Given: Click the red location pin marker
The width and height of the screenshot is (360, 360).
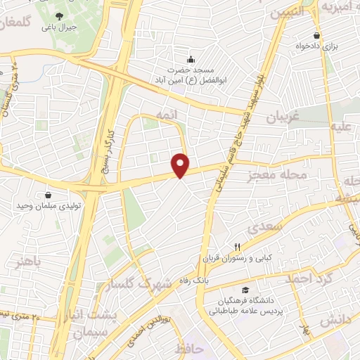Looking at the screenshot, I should tap(181, 165).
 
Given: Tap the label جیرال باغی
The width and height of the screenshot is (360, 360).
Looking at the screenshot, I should tap(58, 27).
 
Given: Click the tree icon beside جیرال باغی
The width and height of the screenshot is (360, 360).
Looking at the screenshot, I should tap(58, 15).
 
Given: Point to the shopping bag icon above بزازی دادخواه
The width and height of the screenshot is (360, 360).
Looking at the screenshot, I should tap(318, 35).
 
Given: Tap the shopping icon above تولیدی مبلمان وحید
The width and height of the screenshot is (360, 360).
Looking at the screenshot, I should tap(48, 195).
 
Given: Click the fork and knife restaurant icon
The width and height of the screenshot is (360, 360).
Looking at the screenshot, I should tap(237, 246).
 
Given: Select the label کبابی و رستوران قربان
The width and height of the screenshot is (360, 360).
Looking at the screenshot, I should tap(238, 258).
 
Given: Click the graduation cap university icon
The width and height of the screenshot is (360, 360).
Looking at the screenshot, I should tap(245, 290).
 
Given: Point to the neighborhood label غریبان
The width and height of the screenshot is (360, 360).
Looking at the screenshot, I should tap(283, 119).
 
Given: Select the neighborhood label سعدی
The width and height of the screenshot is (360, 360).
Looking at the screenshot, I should tap(265, 226).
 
